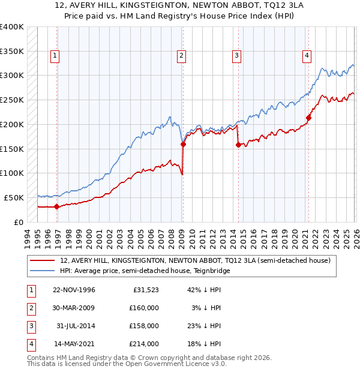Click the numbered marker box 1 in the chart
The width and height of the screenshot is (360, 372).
pyautogui.click(x=55, y=56)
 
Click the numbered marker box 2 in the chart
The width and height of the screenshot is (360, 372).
pyautogui.click(x=181, y=56)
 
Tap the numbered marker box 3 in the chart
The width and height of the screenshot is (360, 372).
pyautogui.click(x=236, y=56)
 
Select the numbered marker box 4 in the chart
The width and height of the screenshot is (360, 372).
pyautogui.click(x=307, y=56)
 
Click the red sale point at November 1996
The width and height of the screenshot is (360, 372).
pyautogui.click(x=57, y=206)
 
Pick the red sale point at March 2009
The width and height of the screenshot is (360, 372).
pyautogui.click(x=183, y=144)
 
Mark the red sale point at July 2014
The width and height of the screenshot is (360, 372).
pyautogui.click(x=238, y=145)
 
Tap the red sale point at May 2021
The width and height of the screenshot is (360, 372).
pyautogui.click(x=308, y=118)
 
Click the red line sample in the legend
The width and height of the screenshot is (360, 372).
pyautogui.click(x=42, y=261)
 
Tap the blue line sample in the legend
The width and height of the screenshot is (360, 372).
pyautogui.click(x=42, y=271)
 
